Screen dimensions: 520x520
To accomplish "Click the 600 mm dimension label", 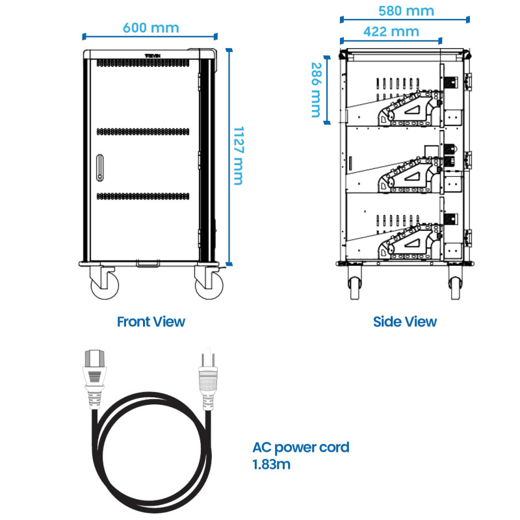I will (x=151, y=27).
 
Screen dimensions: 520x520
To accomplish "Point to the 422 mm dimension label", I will (x=391, y=31).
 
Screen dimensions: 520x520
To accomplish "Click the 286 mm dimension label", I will (x=317, y=90).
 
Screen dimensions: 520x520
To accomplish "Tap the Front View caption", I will (x=151, y=321).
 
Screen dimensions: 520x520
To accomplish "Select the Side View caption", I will (x=405, y=321).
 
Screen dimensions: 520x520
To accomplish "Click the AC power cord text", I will (x=301, y=447).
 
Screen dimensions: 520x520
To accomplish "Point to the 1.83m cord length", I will (x=272, y=464).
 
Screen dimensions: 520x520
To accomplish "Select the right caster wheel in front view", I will (x=208, y=285).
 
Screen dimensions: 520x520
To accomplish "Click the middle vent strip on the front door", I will (x=144, y=131).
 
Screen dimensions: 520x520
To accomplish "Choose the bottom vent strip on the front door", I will (x=144, y=196).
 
